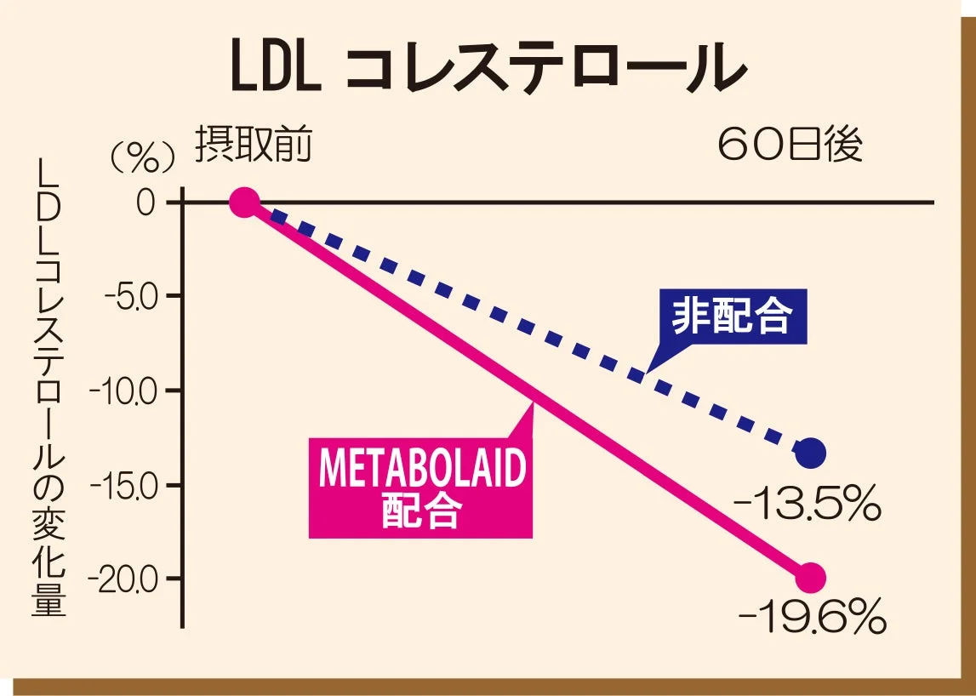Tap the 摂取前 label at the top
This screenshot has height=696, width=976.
(x=254, y=145)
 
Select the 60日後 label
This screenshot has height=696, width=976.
(x=790, y=145)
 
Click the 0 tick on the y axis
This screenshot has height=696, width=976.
(x=148, y=203)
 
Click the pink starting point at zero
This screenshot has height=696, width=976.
(x=244, y=203)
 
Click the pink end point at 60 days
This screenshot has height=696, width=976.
(x=810, y=579)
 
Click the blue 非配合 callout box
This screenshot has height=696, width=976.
(x=733, y=318)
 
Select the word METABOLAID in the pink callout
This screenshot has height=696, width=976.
(x=422, y=470)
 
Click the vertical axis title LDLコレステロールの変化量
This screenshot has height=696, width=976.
(x=50, y=388)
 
